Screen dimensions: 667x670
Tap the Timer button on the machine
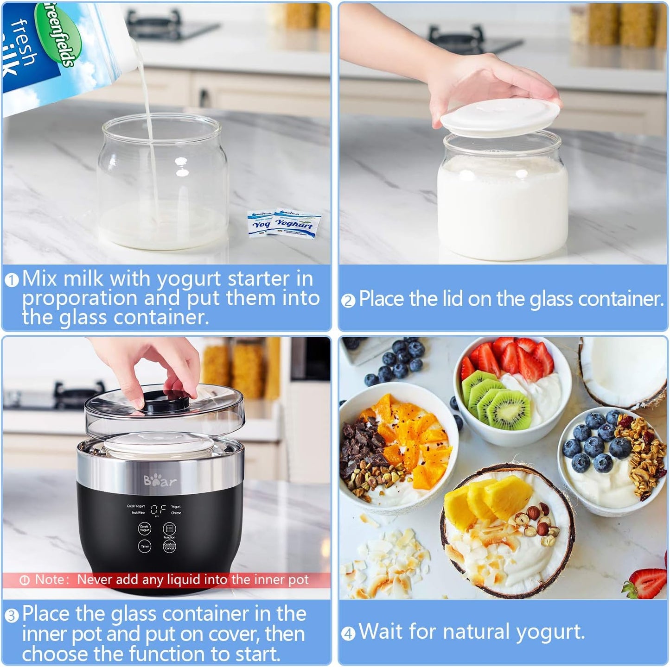click(145, 546)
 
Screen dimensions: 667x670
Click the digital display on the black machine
click(159, 510)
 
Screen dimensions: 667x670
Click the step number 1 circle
click(12, 280)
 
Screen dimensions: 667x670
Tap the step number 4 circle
click(348, 633)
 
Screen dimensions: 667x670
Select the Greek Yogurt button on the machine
click(145, 529)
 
